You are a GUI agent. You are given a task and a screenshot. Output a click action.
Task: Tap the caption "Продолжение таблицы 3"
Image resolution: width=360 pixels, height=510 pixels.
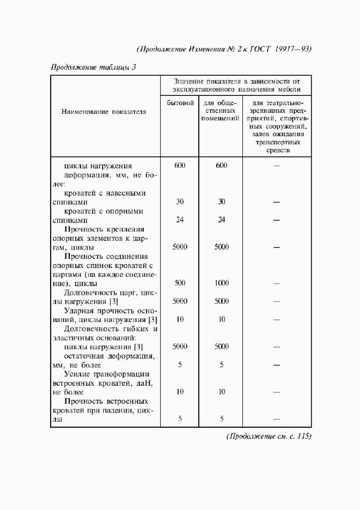93,67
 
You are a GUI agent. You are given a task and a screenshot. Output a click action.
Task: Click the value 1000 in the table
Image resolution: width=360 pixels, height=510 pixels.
222,283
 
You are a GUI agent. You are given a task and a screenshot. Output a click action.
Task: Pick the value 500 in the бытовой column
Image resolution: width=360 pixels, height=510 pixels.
180,283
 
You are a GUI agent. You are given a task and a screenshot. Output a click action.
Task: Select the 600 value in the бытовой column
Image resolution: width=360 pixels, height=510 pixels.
180,166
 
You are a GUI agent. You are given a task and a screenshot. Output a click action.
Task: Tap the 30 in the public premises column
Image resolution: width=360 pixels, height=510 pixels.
222,202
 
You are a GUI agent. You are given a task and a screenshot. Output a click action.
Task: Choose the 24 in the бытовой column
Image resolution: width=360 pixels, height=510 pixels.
180,220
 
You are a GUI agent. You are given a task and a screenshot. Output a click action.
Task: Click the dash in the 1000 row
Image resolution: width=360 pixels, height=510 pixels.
276,283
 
